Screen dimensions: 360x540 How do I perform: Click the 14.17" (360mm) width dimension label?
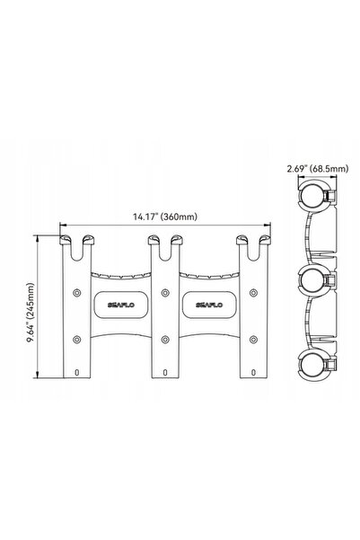coord(165,217)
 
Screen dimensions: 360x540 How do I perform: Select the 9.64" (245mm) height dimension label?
coord(31,313)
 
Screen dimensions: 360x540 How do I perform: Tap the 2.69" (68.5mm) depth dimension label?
coord(317,168)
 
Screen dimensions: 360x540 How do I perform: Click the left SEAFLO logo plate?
coord(121,305)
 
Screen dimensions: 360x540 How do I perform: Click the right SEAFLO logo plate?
coord(209,305)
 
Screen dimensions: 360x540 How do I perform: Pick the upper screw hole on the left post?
coord(76,293)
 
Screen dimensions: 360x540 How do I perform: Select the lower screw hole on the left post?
coord(76,340)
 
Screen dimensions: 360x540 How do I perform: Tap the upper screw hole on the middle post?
coord(165,293)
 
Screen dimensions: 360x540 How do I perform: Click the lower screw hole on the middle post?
coord(165,340)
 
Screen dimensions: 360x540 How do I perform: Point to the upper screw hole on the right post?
coord(254,293)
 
